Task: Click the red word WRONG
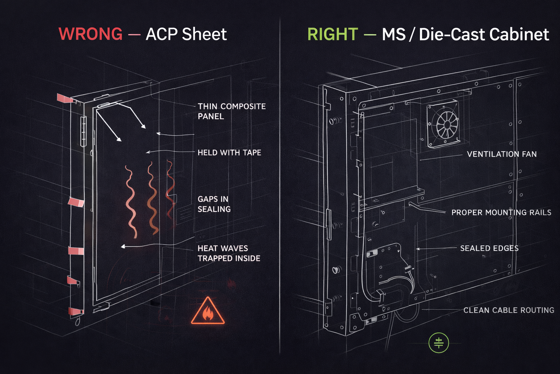coord(90,34)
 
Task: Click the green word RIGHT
coord(332,34)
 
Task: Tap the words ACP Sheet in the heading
coord(186,34)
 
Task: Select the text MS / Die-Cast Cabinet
coord(465,34)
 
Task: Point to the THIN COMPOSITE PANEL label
coord(232,111)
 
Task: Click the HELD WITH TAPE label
coord(229,153)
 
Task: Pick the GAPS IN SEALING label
coord(214,204)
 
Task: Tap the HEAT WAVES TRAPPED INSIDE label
coord(229,253)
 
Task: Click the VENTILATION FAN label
coord(502,154)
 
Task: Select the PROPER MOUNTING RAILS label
coord(501,213)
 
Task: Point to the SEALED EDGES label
coord(489,248)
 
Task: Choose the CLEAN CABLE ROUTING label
coord(509,310)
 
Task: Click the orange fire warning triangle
coord(207,312)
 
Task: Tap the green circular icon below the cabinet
coord(439,343)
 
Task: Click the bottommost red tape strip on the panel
coord(75,311)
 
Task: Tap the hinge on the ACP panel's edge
coord(83,131)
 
